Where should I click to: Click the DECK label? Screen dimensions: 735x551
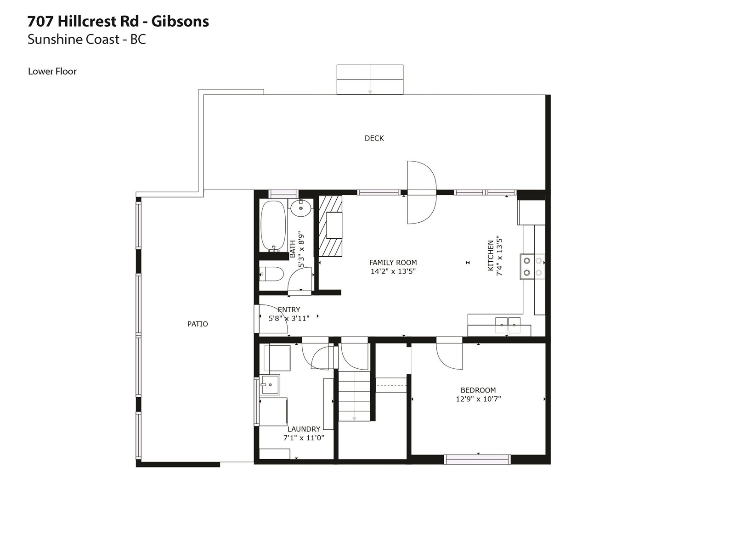(374, 138)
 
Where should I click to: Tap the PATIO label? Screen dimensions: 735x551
(198, 324)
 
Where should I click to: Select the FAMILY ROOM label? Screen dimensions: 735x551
(393, 263)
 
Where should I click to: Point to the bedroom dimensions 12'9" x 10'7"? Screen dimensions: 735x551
(478, 399)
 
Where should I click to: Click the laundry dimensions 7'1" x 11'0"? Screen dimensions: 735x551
(304, 438)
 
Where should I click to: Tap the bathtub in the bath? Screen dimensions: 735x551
(273, 225)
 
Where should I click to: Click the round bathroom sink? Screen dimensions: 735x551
(301, 208)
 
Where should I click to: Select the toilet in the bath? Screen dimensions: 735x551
(271, 274)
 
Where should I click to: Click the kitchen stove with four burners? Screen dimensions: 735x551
(532, 266)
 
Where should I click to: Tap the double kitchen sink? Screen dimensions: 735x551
(508, 325)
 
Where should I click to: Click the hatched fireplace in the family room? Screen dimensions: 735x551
(330, 226)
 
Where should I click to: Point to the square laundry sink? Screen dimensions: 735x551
(270, 385)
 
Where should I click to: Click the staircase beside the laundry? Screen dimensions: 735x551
(354, 396)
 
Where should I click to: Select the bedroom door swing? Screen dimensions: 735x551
(449, 355)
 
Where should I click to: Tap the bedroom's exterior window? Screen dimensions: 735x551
(477, 459)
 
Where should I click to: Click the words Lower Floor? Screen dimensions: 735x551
(52, 71)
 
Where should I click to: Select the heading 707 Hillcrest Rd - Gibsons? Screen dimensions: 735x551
(118, 22)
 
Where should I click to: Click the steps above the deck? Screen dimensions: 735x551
(370, 79)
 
